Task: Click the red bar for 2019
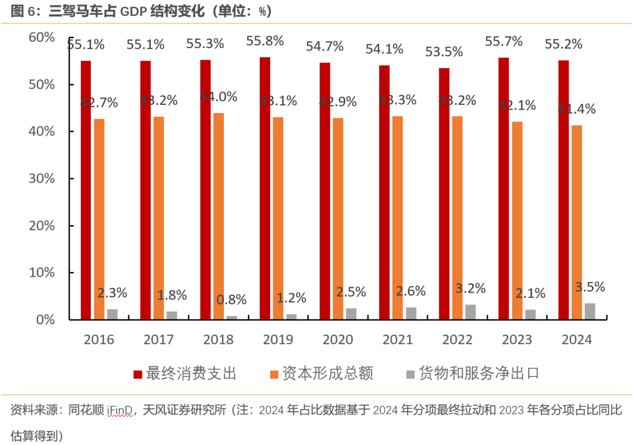pos(265,188)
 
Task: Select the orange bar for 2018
pos(219,216)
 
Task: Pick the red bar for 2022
pos(444,193)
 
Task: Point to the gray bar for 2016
pos(113,314)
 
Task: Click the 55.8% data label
pos(265,41)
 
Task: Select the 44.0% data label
pos(219,97)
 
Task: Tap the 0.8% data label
pos(232,300)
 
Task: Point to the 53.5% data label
pos(444,52)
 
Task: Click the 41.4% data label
pos(577,109)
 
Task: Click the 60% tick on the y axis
pos(42,38)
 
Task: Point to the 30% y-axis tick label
pos(42,179)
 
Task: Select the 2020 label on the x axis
pos(338,339)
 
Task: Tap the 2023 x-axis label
pos(517,339)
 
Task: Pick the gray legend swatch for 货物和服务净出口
pos(410,374)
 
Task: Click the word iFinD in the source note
pos(120,410)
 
